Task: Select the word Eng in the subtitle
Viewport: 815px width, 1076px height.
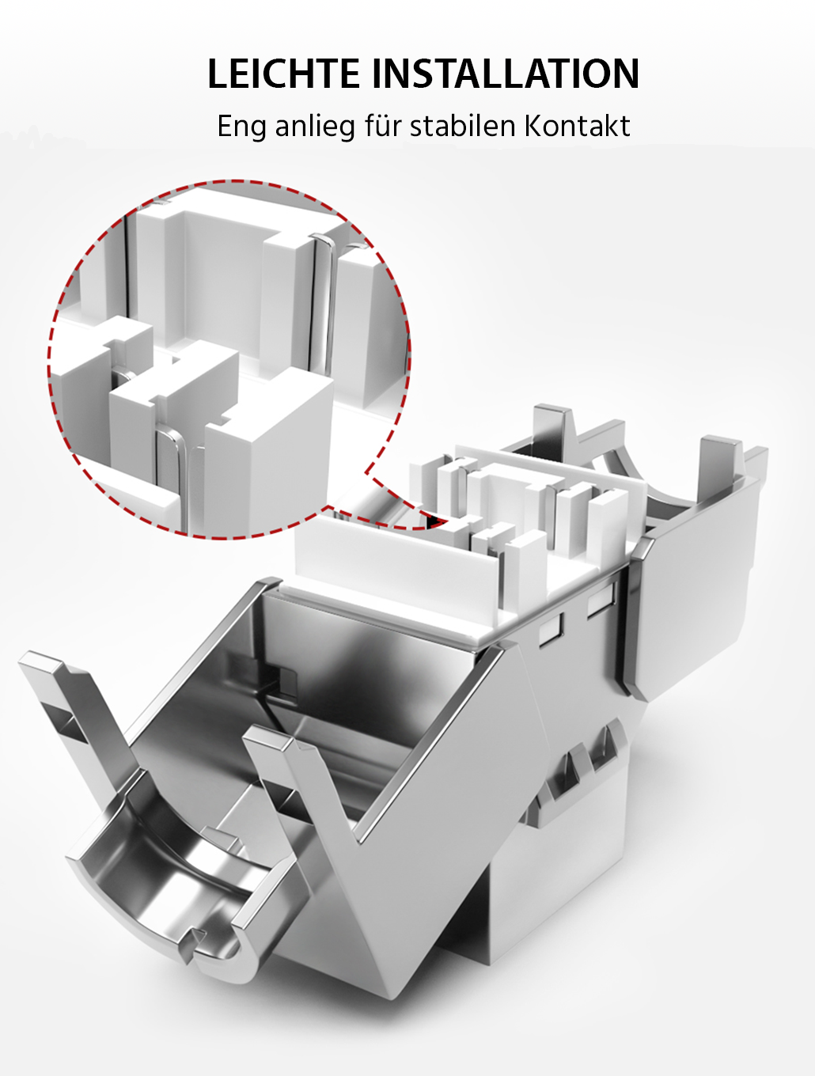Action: click(x=241, y=127)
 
